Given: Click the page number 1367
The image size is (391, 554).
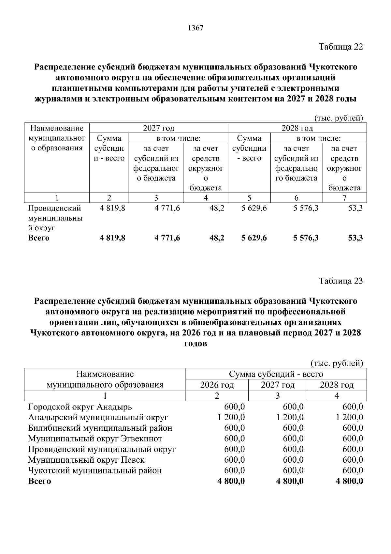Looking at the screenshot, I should (195, 28).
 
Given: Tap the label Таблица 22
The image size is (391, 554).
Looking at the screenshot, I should (341, 47).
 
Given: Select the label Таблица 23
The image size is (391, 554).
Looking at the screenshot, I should (341, 281).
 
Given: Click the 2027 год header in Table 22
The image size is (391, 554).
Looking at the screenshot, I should (159, 128).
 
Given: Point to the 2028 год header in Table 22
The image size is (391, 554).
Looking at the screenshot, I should (297, 128).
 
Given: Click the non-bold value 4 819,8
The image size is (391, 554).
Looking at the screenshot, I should (112, 208).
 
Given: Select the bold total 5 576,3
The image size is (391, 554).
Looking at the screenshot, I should (306, 238).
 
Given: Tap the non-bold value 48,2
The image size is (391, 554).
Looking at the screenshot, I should (217, 208).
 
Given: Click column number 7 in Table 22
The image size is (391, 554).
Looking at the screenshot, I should (344, 197).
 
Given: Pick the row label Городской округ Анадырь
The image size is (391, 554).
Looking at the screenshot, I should (80, 407).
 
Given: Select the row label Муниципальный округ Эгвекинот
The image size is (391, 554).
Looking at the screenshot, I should (95, 439).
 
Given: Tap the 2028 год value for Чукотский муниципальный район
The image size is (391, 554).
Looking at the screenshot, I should (353, 470).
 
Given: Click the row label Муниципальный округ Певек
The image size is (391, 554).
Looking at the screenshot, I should (86, 460).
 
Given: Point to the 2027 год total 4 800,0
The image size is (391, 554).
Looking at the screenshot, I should (290, 481).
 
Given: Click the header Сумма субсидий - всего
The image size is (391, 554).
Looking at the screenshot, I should (276, 374).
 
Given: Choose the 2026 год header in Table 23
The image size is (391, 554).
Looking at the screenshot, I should (217, 385).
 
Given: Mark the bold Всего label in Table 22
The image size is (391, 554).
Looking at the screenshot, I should (39, 238).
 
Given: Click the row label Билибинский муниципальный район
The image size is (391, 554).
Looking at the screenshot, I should (100, 428).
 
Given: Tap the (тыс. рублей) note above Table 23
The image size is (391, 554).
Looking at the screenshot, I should (337, 363).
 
